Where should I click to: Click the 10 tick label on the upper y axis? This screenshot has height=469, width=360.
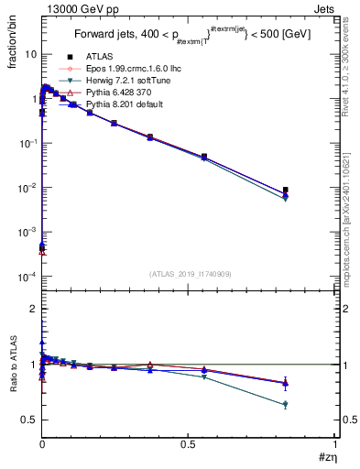coord(30,54)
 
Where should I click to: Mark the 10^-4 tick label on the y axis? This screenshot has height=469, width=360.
coord(27,277)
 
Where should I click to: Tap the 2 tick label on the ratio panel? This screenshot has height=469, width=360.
coord(34,310)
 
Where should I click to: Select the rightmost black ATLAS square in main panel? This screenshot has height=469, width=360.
coord(286,190)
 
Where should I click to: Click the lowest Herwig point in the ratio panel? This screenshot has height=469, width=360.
coord(286,404)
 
